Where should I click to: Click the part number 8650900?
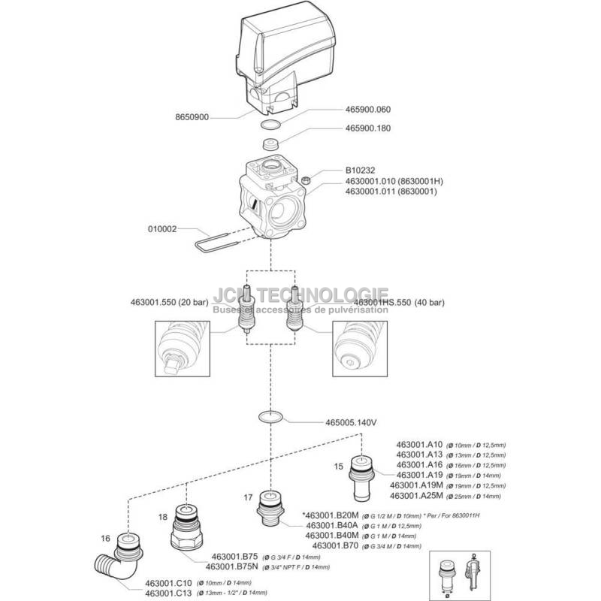click(x=192, y=118)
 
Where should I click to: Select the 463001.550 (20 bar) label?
click(x=171, y=303)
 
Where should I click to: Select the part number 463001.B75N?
click(x=232, y=566)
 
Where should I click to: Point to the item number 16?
click(x=105, y=538)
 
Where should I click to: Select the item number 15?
click(x=339, y=466)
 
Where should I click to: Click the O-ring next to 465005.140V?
click(x=269, y=417)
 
